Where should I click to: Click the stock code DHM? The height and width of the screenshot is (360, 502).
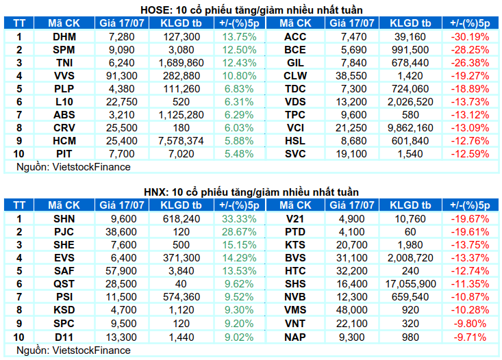(x=64, y=37)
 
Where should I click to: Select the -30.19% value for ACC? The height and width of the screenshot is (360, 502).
(x=470, y=37)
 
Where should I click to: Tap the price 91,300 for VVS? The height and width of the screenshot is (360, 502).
(x=122, y=76)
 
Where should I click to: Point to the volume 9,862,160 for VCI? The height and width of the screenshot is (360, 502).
(x=410, y=128)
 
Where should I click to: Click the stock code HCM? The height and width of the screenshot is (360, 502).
(x=64, y=141)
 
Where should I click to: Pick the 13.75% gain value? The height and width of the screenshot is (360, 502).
(x=239, y=37)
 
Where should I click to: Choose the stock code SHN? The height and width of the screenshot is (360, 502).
(x=64, y=219)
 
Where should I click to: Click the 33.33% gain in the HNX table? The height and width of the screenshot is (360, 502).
(x=239, y=219)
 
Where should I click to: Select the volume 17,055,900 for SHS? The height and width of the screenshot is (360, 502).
(x=410, y=284)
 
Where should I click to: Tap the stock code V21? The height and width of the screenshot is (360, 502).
(x=295, y=219)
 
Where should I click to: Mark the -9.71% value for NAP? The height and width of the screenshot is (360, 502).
(x=470, y=337)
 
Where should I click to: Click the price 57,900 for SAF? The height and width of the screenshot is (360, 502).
(x=122, y=271)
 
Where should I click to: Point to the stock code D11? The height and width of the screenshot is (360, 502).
(x=64, y=337)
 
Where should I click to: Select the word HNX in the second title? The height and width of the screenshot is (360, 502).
(x=155, y=192)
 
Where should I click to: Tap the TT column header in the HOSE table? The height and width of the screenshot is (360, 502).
(x=19, y=23)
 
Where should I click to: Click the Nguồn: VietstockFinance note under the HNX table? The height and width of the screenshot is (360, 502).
(x=74, y=350)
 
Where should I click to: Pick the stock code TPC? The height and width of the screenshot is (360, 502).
(x=295, y=115)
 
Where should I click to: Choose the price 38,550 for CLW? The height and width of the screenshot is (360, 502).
(x=351, y=76)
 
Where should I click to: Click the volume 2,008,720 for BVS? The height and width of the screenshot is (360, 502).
(x=410, y=258)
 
